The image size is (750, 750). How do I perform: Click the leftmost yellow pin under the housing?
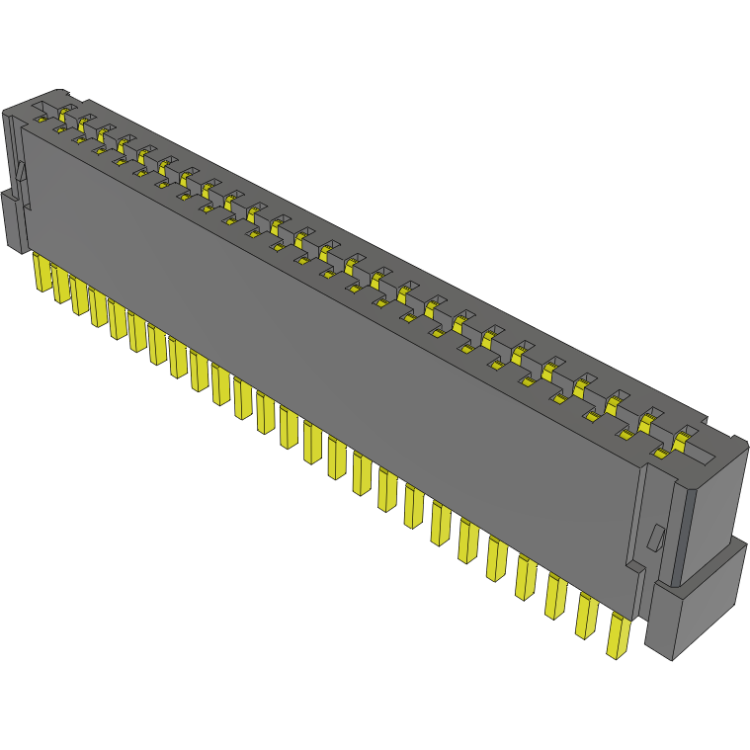pos(42,272)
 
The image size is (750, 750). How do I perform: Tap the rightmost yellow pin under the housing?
pos(619,635)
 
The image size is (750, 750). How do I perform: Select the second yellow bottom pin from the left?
pos(61,284)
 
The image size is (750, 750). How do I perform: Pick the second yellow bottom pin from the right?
pos(587,616)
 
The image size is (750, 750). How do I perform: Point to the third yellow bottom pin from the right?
pos(556,597)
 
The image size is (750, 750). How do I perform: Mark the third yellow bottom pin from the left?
pos(80,295)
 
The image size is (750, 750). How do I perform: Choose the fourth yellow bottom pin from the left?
pos(99,307)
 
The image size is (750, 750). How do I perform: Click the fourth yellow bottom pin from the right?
pos(526,578)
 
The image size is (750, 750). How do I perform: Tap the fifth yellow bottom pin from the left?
pos(119,319)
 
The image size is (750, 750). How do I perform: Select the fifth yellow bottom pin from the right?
pos(497,560)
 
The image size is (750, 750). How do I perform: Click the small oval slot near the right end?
pos(654,540)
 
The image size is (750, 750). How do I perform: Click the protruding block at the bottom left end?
pos(14,221)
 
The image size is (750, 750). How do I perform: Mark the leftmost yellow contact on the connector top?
pos(65,112)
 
